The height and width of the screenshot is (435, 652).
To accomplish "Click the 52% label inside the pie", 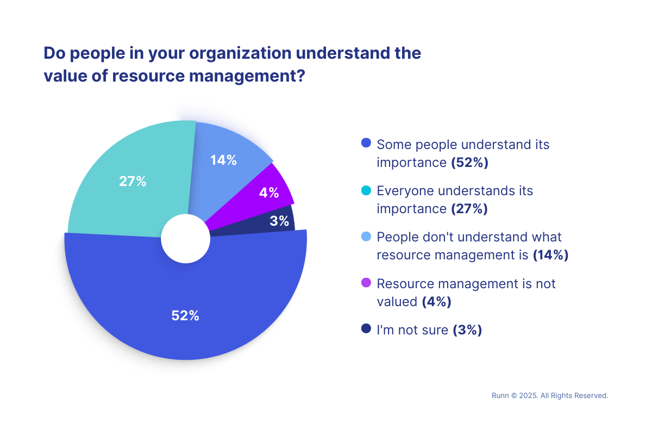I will pyautogui.click(x=185, y=315).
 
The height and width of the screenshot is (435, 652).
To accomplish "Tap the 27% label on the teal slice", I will pyautogui.click(x=133, y=182).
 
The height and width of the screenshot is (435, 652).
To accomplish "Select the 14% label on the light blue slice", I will pyautogui.click(x=224, y=160).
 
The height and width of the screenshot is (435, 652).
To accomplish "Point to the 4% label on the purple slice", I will pyautogui.click(x=269, y=192).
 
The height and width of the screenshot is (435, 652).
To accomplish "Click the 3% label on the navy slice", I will pyautogui.click(x=279, y=221).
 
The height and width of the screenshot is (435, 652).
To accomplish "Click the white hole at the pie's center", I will pyautogui.click(x=186, y=238).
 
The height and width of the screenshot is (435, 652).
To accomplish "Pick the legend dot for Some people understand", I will pyautogui.click(x=366, y=144).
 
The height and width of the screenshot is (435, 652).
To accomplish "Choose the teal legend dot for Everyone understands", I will pyautogui.click(x=366, y=190).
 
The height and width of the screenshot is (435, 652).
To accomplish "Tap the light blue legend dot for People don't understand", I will pyautogui.click(x=366, y=237).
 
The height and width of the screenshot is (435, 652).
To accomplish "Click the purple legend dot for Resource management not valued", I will pyautogui.click(x=366, y=283).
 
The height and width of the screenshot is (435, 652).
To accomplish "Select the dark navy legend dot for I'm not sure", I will pyautogui.click(x=366, y=329).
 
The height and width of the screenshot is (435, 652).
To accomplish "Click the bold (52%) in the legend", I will pyautogui.click(x=470, y=163).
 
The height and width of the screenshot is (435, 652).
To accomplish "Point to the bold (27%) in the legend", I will pyautogui.click(x=469, y=209).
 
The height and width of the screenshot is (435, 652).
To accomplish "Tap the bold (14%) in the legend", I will pyautogui.click(x=550, y=255).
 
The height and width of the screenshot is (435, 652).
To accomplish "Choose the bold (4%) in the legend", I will pyautogui.click(x=437, y=301).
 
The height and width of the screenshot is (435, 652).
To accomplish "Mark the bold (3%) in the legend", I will pyautogui.click(x=467, y=330).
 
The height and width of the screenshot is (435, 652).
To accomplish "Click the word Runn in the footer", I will pyautogui.click(x=500, y=396).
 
